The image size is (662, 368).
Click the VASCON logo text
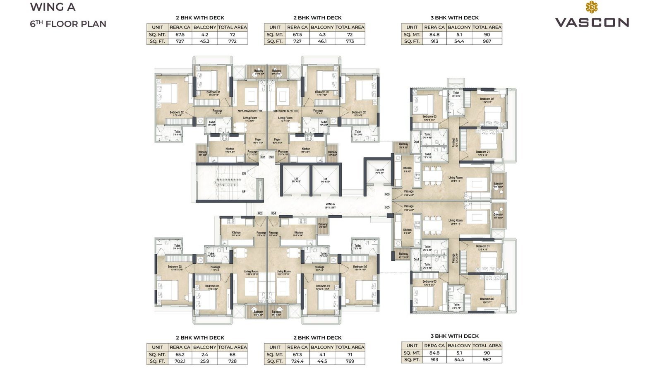click(x=592, y=22)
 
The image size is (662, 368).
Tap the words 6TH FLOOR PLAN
click(x=68, y=24)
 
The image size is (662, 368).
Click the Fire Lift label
click(x=379, y=170)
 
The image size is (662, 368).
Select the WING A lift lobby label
click(x=330, y=204)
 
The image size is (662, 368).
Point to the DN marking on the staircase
click(x=244, y=173)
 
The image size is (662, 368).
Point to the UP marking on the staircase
click(x=244, y=192)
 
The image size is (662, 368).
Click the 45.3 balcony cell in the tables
click(x=204, y=41)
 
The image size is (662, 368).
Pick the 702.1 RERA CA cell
click(x=180, y=361)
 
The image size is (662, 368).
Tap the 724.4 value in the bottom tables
click(x=297, y=361)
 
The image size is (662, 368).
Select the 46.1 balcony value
click(x=322, y=41)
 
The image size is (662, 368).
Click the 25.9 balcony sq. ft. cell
click(x=204, y=361)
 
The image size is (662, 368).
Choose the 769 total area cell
click(x=350, y=361)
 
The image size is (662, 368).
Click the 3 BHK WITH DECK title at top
click(x=454, y=18)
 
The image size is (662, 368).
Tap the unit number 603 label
click(x=260, y=213)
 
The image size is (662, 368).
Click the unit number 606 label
click(x=387, y=194)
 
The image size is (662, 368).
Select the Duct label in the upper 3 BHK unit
click(x=416, y=142)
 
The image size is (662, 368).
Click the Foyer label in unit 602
click(x=258, y=140)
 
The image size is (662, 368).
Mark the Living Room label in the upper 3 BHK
click(x=456, y=178)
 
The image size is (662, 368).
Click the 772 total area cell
click(x=232, y=41)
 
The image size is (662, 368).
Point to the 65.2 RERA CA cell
click(x=180, y=355)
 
